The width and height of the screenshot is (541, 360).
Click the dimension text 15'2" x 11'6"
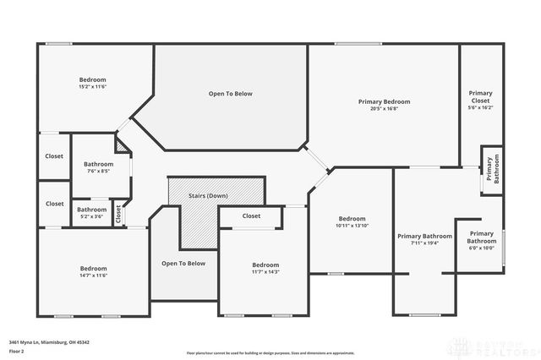tap(92, 87)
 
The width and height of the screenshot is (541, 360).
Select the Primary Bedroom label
tap(384, 101)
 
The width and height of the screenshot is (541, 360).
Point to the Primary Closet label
tap(481, 96)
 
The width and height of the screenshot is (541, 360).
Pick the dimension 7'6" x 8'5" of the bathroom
tap(98, 172)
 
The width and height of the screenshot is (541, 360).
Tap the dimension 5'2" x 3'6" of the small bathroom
tap(91, 217)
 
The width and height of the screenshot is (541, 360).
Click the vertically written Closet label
tap(118, 214)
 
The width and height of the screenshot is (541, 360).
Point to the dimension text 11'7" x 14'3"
tap(265, 271)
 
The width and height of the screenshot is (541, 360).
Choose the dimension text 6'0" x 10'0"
tap(481, 248)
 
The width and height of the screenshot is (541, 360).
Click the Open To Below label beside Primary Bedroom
tap(230, 93)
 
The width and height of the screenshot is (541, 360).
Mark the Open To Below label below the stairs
tap(183, 263)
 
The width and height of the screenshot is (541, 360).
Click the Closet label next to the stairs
tap(251, 215)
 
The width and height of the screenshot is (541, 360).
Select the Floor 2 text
tap(17, 350)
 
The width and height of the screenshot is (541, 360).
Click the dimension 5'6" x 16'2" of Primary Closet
tap(481, 107)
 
